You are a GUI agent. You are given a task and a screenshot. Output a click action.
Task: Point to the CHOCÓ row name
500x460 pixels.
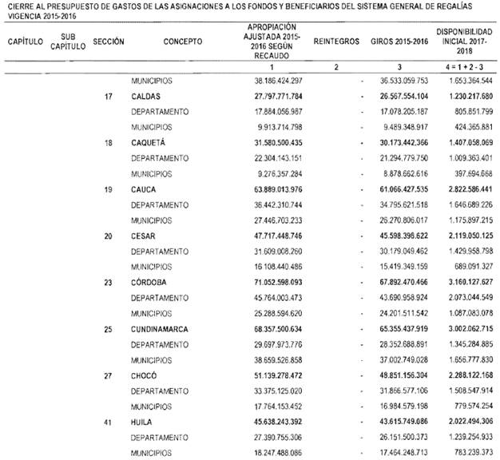click(x=145, y=375)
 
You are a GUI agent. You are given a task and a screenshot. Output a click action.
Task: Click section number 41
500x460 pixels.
click(x=107, y=421)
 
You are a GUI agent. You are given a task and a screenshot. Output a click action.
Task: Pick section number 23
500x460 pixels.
click(x=107, y=282)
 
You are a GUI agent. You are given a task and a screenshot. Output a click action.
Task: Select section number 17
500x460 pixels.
click(x=107, y=97)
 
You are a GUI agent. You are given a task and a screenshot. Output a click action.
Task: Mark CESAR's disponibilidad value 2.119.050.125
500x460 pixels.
click(x=464, y=236)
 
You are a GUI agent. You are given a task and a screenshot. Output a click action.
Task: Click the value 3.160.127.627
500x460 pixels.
click(x=464, y=282)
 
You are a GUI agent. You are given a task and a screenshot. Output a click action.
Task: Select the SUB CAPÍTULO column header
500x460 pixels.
click(x=66, y=40)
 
